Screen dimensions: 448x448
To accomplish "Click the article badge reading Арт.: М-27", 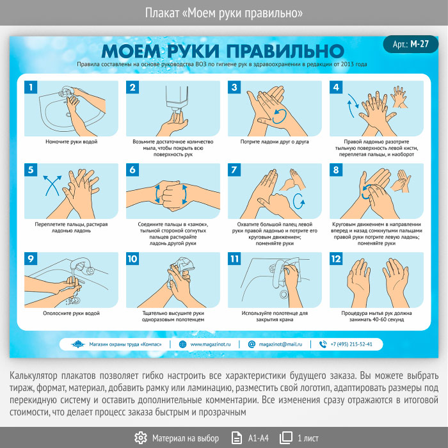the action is click(411, 44).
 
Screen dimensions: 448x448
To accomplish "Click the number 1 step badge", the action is click(31, 87).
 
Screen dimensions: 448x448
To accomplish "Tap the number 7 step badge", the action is click(234, 170).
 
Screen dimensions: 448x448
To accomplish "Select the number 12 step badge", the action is click(336, 259).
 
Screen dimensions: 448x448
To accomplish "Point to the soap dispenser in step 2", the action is click(177, 97).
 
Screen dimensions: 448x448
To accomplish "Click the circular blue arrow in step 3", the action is click(279, 116).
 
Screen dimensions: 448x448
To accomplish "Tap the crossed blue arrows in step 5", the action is click(52, 186).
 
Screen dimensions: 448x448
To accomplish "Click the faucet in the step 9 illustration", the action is click(82, 266).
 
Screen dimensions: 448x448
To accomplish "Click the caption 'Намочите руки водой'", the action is click(72, 141).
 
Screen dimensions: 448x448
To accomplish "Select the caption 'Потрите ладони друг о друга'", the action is click(275, 141).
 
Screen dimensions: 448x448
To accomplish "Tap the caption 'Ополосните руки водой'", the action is click(72, 313).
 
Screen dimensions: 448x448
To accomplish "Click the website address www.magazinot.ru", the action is click(211, 344).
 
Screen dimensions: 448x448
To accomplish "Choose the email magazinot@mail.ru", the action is click(280, 344).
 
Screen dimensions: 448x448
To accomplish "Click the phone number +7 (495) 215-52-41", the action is click(351, 344).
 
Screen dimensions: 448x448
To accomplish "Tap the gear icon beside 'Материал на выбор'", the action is click(141, 438).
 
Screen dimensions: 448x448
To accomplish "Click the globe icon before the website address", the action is click(182, 344).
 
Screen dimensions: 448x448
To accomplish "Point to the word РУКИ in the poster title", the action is click(193, 51).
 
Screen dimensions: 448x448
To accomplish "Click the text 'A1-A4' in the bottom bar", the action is click(259, 438).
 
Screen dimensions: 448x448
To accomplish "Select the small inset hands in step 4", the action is click(399, 97).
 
